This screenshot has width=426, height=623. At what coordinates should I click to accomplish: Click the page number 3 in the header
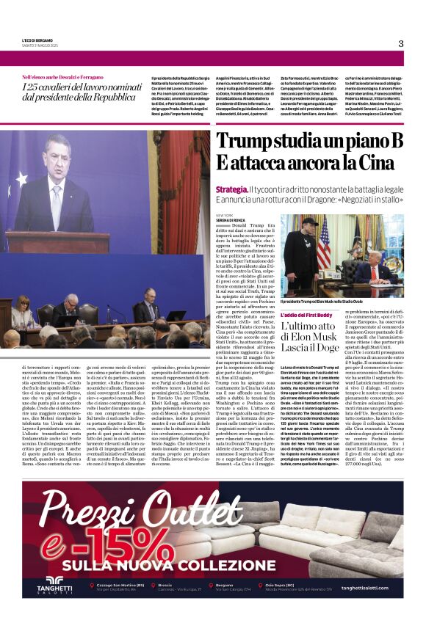401,43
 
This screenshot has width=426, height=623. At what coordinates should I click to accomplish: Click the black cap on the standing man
310,222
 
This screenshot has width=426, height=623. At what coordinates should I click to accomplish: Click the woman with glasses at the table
21,312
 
